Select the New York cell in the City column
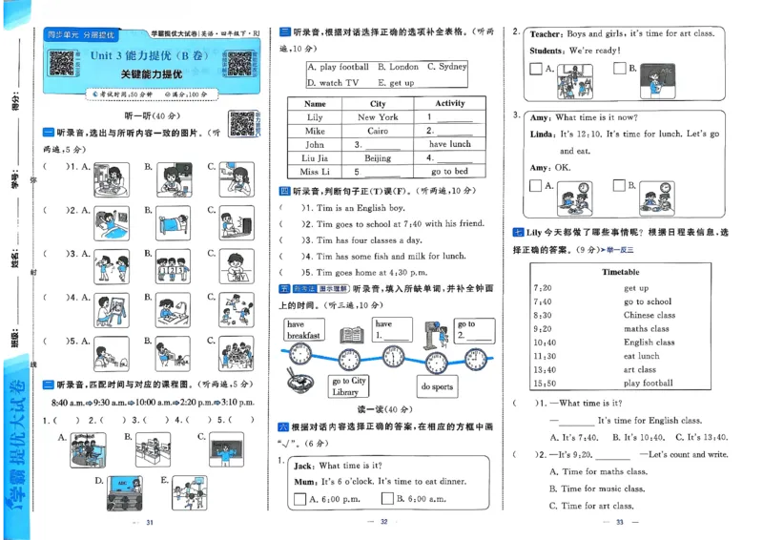[x=378, y=117]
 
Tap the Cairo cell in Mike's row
[x=378, y=131]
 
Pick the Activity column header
[x=449, y=103]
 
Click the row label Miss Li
[x=315, y=172]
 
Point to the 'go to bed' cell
[x=449, y=172]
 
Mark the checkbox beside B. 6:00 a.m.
[x=387, y=497]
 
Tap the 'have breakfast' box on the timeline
[x=303, y=330]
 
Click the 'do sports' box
[x=437, y=387]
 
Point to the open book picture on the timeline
[x=350, y=334]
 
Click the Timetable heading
[x=621, y=272]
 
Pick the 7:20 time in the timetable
[x=543, y=287]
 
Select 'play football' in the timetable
[x=648, y=384]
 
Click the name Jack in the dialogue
[x=304, y=466]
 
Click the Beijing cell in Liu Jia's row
[x=378, y=157]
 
